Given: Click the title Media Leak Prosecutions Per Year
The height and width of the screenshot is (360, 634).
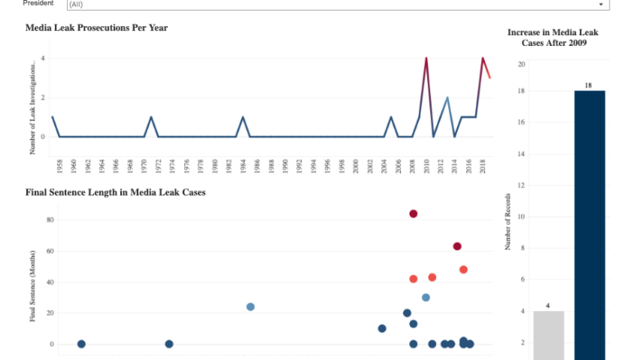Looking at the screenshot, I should (x=97, y=28).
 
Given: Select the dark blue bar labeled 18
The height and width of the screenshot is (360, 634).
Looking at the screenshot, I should (x=588, y=221).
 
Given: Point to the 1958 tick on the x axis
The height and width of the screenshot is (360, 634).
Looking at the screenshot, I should (x=59, y=166).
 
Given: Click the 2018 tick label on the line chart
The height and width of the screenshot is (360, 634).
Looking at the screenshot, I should (x=483, y=166).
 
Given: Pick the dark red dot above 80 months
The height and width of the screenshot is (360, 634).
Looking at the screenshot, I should (x=414, y=214).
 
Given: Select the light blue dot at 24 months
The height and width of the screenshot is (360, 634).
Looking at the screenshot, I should (x=250, y=307).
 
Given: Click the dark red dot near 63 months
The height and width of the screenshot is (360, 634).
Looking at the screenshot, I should (x=457, y=246).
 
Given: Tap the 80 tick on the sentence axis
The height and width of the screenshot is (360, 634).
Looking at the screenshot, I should (x=50, y=220).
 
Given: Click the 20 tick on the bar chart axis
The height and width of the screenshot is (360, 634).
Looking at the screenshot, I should (x=521, y=63).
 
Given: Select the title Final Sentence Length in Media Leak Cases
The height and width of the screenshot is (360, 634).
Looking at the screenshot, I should (x=115, y=192).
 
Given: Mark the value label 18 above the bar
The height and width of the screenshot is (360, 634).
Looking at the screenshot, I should (x=588, y=85).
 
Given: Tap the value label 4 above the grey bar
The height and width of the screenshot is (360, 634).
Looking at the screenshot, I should (x=548, y=306).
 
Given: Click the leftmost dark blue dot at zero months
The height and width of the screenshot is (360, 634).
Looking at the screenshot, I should (x=81, y=344).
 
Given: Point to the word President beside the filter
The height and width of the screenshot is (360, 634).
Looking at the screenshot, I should (x=38, y=3).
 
